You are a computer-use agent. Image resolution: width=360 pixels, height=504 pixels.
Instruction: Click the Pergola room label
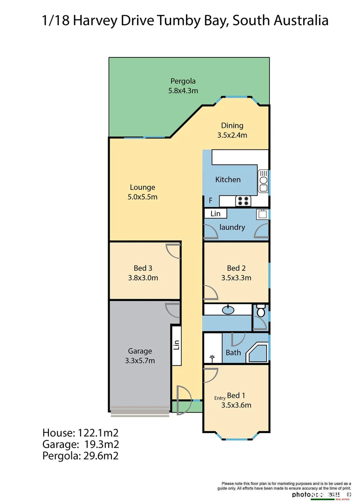183,81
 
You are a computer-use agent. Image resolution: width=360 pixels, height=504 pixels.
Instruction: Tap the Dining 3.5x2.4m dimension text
232,135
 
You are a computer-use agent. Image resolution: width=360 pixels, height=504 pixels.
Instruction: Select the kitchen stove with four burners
242,201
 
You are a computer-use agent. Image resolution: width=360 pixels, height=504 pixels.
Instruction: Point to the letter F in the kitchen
210,201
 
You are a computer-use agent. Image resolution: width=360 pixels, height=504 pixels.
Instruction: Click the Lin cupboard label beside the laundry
215,214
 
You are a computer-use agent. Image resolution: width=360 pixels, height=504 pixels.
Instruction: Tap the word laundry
232,227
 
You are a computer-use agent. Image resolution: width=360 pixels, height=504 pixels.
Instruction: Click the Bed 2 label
236,268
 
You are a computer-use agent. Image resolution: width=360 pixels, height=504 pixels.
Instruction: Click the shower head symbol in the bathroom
213,358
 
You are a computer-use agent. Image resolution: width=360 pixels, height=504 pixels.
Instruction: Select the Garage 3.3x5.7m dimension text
140,361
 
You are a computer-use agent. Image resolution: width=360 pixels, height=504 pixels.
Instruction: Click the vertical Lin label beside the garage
176,345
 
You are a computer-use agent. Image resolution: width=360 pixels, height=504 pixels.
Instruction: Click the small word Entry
220,398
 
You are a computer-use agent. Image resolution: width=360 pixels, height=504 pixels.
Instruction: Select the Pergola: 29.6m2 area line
80,456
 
